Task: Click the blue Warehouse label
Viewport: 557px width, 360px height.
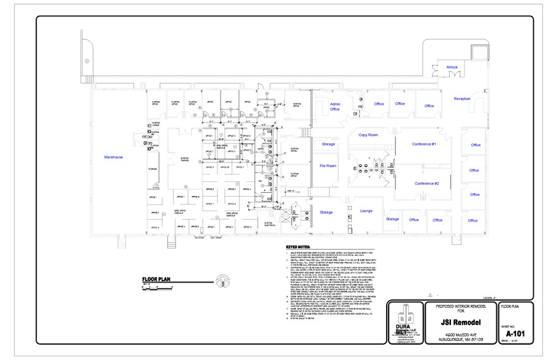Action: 113,157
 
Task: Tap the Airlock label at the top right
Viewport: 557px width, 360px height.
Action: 452,67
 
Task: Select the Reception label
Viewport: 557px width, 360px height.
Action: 462,99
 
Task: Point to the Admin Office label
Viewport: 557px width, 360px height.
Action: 335,107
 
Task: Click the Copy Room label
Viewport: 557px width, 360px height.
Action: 368,135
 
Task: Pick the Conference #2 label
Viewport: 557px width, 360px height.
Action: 426,184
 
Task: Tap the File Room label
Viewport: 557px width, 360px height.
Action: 328,166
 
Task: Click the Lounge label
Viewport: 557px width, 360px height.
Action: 366,211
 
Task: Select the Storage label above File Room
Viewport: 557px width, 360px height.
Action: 328,144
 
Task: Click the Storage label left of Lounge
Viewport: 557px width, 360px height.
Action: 326,212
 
